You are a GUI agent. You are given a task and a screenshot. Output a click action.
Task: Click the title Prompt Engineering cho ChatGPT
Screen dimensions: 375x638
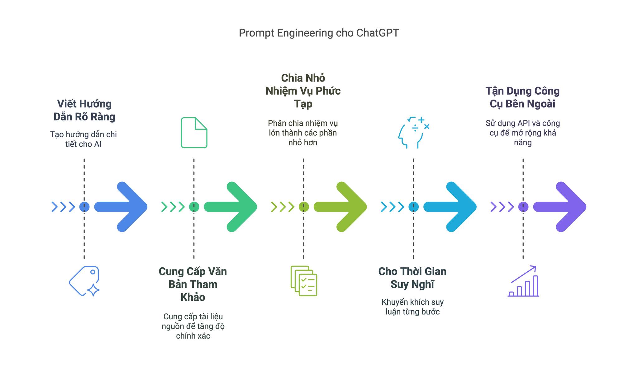[319, 33]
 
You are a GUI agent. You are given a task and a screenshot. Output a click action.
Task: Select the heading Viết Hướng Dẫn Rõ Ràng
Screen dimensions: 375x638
[84, 110]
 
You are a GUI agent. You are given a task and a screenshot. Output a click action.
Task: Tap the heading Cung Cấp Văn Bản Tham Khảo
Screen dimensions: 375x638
[193, 284]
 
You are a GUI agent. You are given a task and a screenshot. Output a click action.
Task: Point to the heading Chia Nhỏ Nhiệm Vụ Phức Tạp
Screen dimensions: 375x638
[303, 91]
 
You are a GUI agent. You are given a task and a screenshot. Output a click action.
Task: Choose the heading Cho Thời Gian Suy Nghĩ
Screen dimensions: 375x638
[412, 278]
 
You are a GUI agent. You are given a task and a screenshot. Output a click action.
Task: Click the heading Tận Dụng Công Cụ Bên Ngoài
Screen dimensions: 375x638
[522, 97]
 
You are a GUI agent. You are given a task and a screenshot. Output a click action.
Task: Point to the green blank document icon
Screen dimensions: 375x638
[194, 133]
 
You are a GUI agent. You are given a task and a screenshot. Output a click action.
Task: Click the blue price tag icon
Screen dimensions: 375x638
[84, 281]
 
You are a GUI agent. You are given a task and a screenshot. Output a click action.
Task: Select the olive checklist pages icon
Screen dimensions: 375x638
[304, 281]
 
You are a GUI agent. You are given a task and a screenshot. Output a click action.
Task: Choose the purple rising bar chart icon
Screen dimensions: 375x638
[523, 281]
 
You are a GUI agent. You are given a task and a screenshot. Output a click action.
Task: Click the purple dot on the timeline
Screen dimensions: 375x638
[523, 207]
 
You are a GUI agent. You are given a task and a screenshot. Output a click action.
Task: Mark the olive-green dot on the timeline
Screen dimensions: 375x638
[304, 207]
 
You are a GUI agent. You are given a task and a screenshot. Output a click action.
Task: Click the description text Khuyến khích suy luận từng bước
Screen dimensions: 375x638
[412, 307]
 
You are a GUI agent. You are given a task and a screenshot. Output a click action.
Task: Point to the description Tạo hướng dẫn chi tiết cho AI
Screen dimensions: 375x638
[83, 139]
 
